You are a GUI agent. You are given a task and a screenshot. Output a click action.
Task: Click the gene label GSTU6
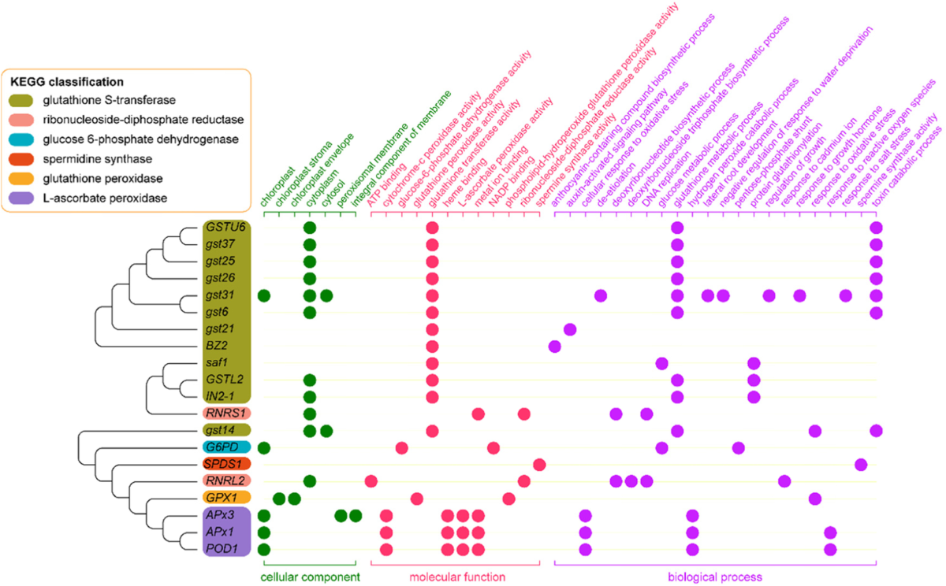click(225, 227)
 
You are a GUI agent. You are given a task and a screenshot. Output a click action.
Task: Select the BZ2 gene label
click(217, 346)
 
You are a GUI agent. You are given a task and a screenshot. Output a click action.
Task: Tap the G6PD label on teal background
click(223, 447)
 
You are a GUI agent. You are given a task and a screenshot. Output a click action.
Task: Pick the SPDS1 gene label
click(222, 464)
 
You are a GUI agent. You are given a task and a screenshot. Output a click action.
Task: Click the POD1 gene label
click(222, 549)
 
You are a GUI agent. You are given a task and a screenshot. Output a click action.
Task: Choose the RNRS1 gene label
click(225, 413)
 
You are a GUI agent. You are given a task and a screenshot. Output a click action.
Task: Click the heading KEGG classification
click(67, 82)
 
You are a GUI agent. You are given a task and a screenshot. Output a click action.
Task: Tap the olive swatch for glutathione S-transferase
click(21, 100)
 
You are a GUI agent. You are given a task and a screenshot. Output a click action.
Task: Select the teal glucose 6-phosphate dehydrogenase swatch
click(21, 139)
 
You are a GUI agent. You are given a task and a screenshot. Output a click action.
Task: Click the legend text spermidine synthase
click(98, 159)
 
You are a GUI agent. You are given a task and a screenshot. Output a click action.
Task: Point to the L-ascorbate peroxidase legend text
click(105, 198)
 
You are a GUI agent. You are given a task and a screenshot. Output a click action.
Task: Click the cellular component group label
click(311, 577)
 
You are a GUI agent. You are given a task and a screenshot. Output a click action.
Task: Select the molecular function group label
click(457, 577)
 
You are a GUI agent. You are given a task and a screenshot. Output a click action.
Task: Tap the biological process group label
click(715, 577)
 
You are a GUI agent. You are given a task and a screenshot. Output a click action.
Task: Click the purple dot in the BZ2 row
click(554, 347)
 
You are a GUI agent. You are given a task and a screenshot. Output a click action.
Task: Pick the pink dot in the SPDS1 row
click(539, 465)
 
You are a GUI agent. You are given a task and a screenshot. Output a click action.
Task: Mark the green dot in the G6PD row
click(264, 447)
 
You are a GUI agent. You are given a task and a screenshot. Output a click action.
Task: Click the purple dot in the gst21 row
click(570, 329)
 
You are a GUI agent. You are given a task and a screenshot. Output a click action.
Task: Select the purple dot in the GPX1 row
click(814, 499)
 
